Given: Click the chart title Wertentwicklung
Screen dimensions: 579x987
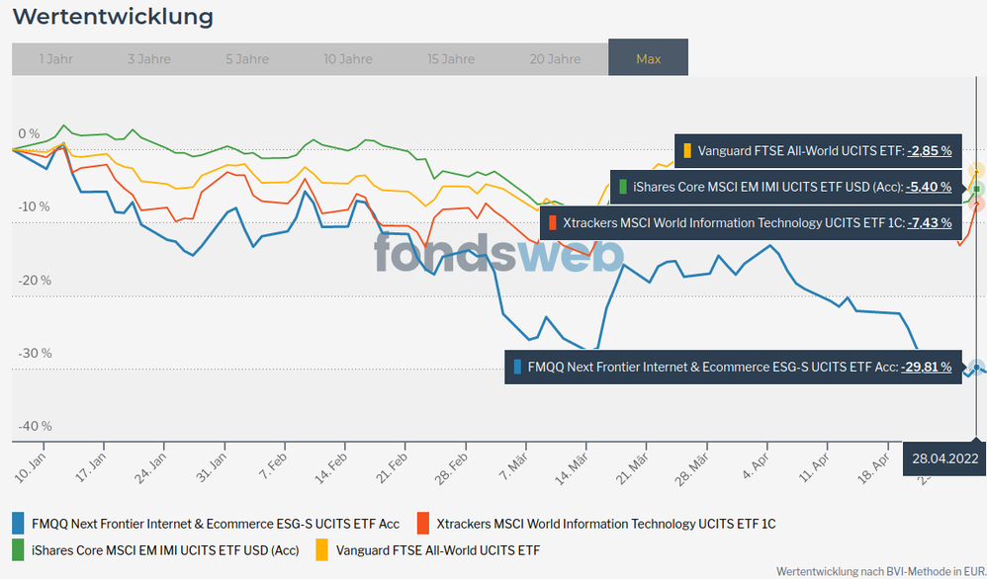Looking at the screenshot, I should pos(113,17).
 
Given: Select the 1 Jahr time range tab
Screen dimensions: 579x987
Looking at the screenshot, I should pos(55,59).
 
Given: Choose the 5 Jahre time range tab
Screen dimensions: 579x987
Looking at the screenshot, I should pos(247,59).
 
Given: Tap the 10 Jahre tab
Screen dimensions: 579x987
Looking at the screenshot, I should pos(348,59).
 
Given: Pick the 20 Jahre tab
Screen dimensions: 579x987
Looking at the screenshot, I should pos(555,59).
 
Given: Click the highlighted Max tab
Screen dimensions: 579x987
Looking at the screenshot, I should pos(648,59).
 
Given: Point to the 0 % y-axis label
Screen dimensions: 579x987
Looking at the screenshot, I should pos(29,133).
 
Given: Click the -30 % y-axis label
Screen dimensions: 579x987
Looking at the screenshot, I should pos(34,353).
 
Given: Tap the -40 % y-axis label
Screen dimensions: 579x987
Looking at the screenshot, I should pos(34,426).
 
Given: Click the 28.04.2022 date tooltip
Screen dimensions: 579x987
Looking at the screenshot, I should pos(944,458).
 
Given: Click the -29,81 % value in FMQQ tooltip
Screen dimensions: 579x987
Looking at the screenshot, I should pos(926,367).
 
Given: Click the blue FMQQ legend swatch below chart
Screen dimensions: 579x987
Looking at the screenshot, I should pos(19,523).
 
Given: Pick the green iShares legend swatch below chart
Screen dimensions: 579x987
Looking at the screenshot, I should pos(19,549).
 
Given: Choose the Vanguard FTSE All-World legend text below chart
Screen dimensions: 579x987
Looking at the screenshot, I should pos(438,549).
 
